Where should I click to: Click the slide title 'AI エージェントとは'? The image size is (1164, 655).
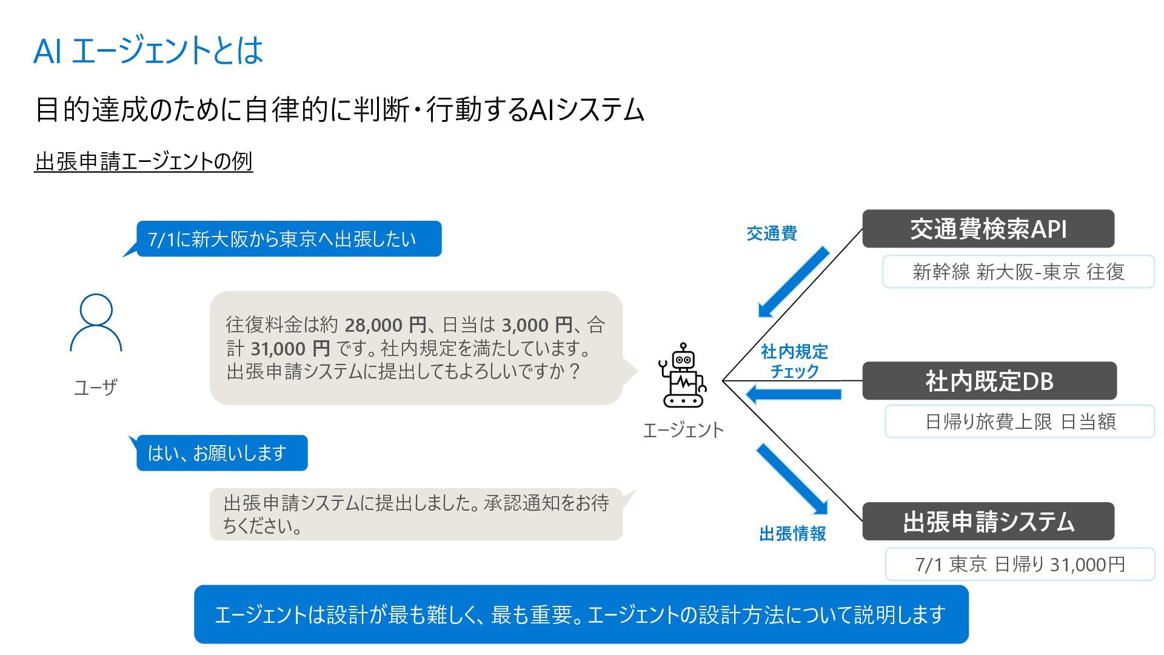coord(149,50)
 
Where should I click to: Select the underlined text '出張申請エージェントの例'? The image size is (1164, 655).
coord(144,161)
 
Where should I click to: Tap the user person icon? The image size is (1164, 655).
coord(96,323)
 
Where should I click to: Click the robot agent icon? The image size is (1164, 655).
coord(683,375)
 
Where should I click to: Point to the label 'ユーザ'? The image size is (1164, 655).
coord(95,387)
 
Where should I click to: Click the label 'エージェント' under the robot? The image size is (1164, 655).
coord(683,430)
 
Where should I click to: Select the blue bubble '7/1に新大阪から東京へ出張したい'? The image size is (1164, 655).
coord(289,239)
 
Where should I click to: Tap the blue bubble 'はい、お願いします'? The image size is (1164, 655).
coord(222,453)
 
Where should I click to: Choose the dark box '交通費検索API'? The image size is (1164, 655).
coord(988,229)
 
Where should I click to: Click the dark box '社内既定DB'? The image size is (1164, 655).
coord(989,381)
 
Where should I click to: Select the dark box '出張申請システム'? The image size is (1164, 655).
coord(988,522)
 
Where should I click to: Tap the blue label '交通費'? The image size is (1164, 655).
coord(771,233)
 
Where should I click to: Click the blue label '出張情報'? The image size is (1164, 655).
coord(792,534)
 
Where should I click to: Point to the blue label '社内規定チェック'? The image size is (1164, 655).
coord(794,361)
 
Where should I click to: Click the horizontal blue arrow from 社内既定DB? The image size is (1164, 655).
coord(794,395)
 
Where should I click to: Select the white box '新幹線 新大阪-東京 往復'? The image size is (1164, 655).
coord(1018,272)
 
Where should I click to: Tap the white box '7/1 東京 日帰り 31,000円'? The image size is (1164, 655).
coord(1020,565)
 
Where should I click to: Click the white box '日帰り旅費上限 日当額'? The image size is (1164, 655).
coord(1020,422)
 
